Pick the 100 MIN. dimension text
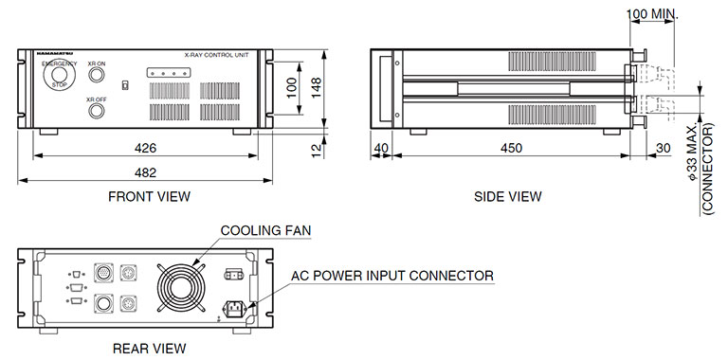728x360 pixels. click(x=664, y=15)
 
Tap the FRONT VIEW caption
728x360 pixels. click(x=149, y=197)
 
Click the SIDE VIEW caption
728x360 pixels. click(x=508, y=197)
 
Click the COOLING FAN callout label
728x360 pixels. click(x=266, y=230)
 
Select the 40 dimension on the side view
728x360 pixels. click(x=382, y=149)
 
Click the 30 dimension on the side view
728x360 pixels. click(x=662, y=149)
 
